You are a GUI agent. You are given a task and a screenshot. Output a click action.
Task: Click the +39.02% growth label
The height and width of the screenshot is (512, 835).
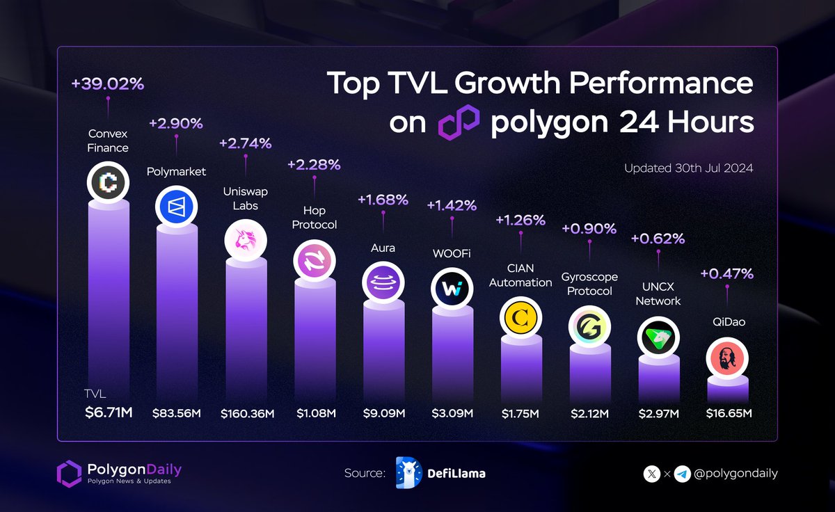pyautogui.click(x=107, y=84)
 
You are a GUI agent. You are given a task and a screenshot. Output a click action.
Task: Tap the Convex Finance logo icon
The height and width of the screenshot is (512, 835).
pyautogui.click(x=108, y=182)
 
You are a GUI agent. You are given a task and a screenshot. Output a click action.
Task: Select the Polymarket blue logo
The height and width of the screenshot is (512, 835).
pyautogui.click(x=176, y=205)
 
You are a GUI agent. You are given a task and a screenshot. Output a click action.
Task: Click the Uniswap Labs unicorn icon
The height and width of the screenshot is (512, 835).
pyautogui.click(x=245, y=240)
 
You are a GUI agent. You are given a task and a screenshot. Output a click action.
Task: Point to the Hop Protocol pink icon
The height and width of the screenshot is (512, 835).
pyautogui.click(x=314, y=262)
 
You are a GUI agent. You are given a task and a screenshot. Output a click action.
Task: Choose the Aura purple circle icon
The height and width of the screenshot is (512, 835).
pyautogui.click(x=383, y=284)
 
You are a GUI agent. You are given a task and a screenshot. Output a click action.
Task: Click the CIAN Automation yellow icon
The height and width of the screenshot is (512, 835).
pyautogui.click(x=520, y=319)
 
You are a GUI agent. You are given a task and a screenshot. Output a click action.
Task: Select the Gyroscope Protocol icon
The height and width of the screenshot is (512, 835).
pyautogui.click(x=589, y=326)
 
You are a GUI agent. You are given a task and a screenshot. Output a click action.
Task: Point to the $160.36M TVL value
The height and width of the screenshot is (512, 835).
pyautogui.click(x=248, y=413)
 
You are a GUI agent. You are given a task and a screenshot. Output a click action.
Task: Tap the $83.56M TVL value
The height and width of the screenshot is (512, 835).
pyautogui.click(x=177, y=413)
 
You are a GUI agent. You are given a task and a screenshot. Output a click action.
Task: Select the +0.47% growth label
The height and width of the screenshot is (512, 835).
pyautogui.click(x=726, y=273)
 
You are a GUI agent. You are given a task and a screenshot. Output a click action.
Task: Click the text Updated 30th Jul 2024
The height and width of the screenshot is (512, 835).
pyautogui.click(x=688, y=168)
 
